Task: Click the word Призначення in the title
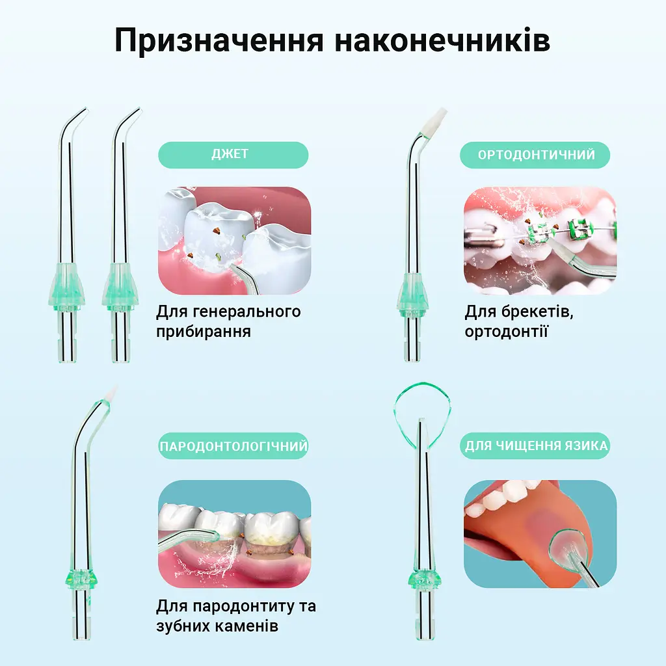pos(219,41)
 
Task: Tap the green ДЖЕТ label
pos(233,155)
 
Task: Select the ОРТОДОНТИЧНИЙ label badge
pos(535,155)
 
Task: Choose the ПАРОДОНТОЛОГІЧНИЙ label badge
pos(233,446)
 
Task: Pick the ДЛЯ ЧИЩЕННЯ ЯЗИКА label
pos(535,446)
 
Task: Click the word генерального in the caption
pos(246,312)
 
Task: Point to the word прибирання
pos(204,332)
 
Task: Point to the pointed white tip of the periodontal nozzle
pos(112,393)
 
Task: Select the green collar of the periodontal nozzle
pos(81,578)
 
